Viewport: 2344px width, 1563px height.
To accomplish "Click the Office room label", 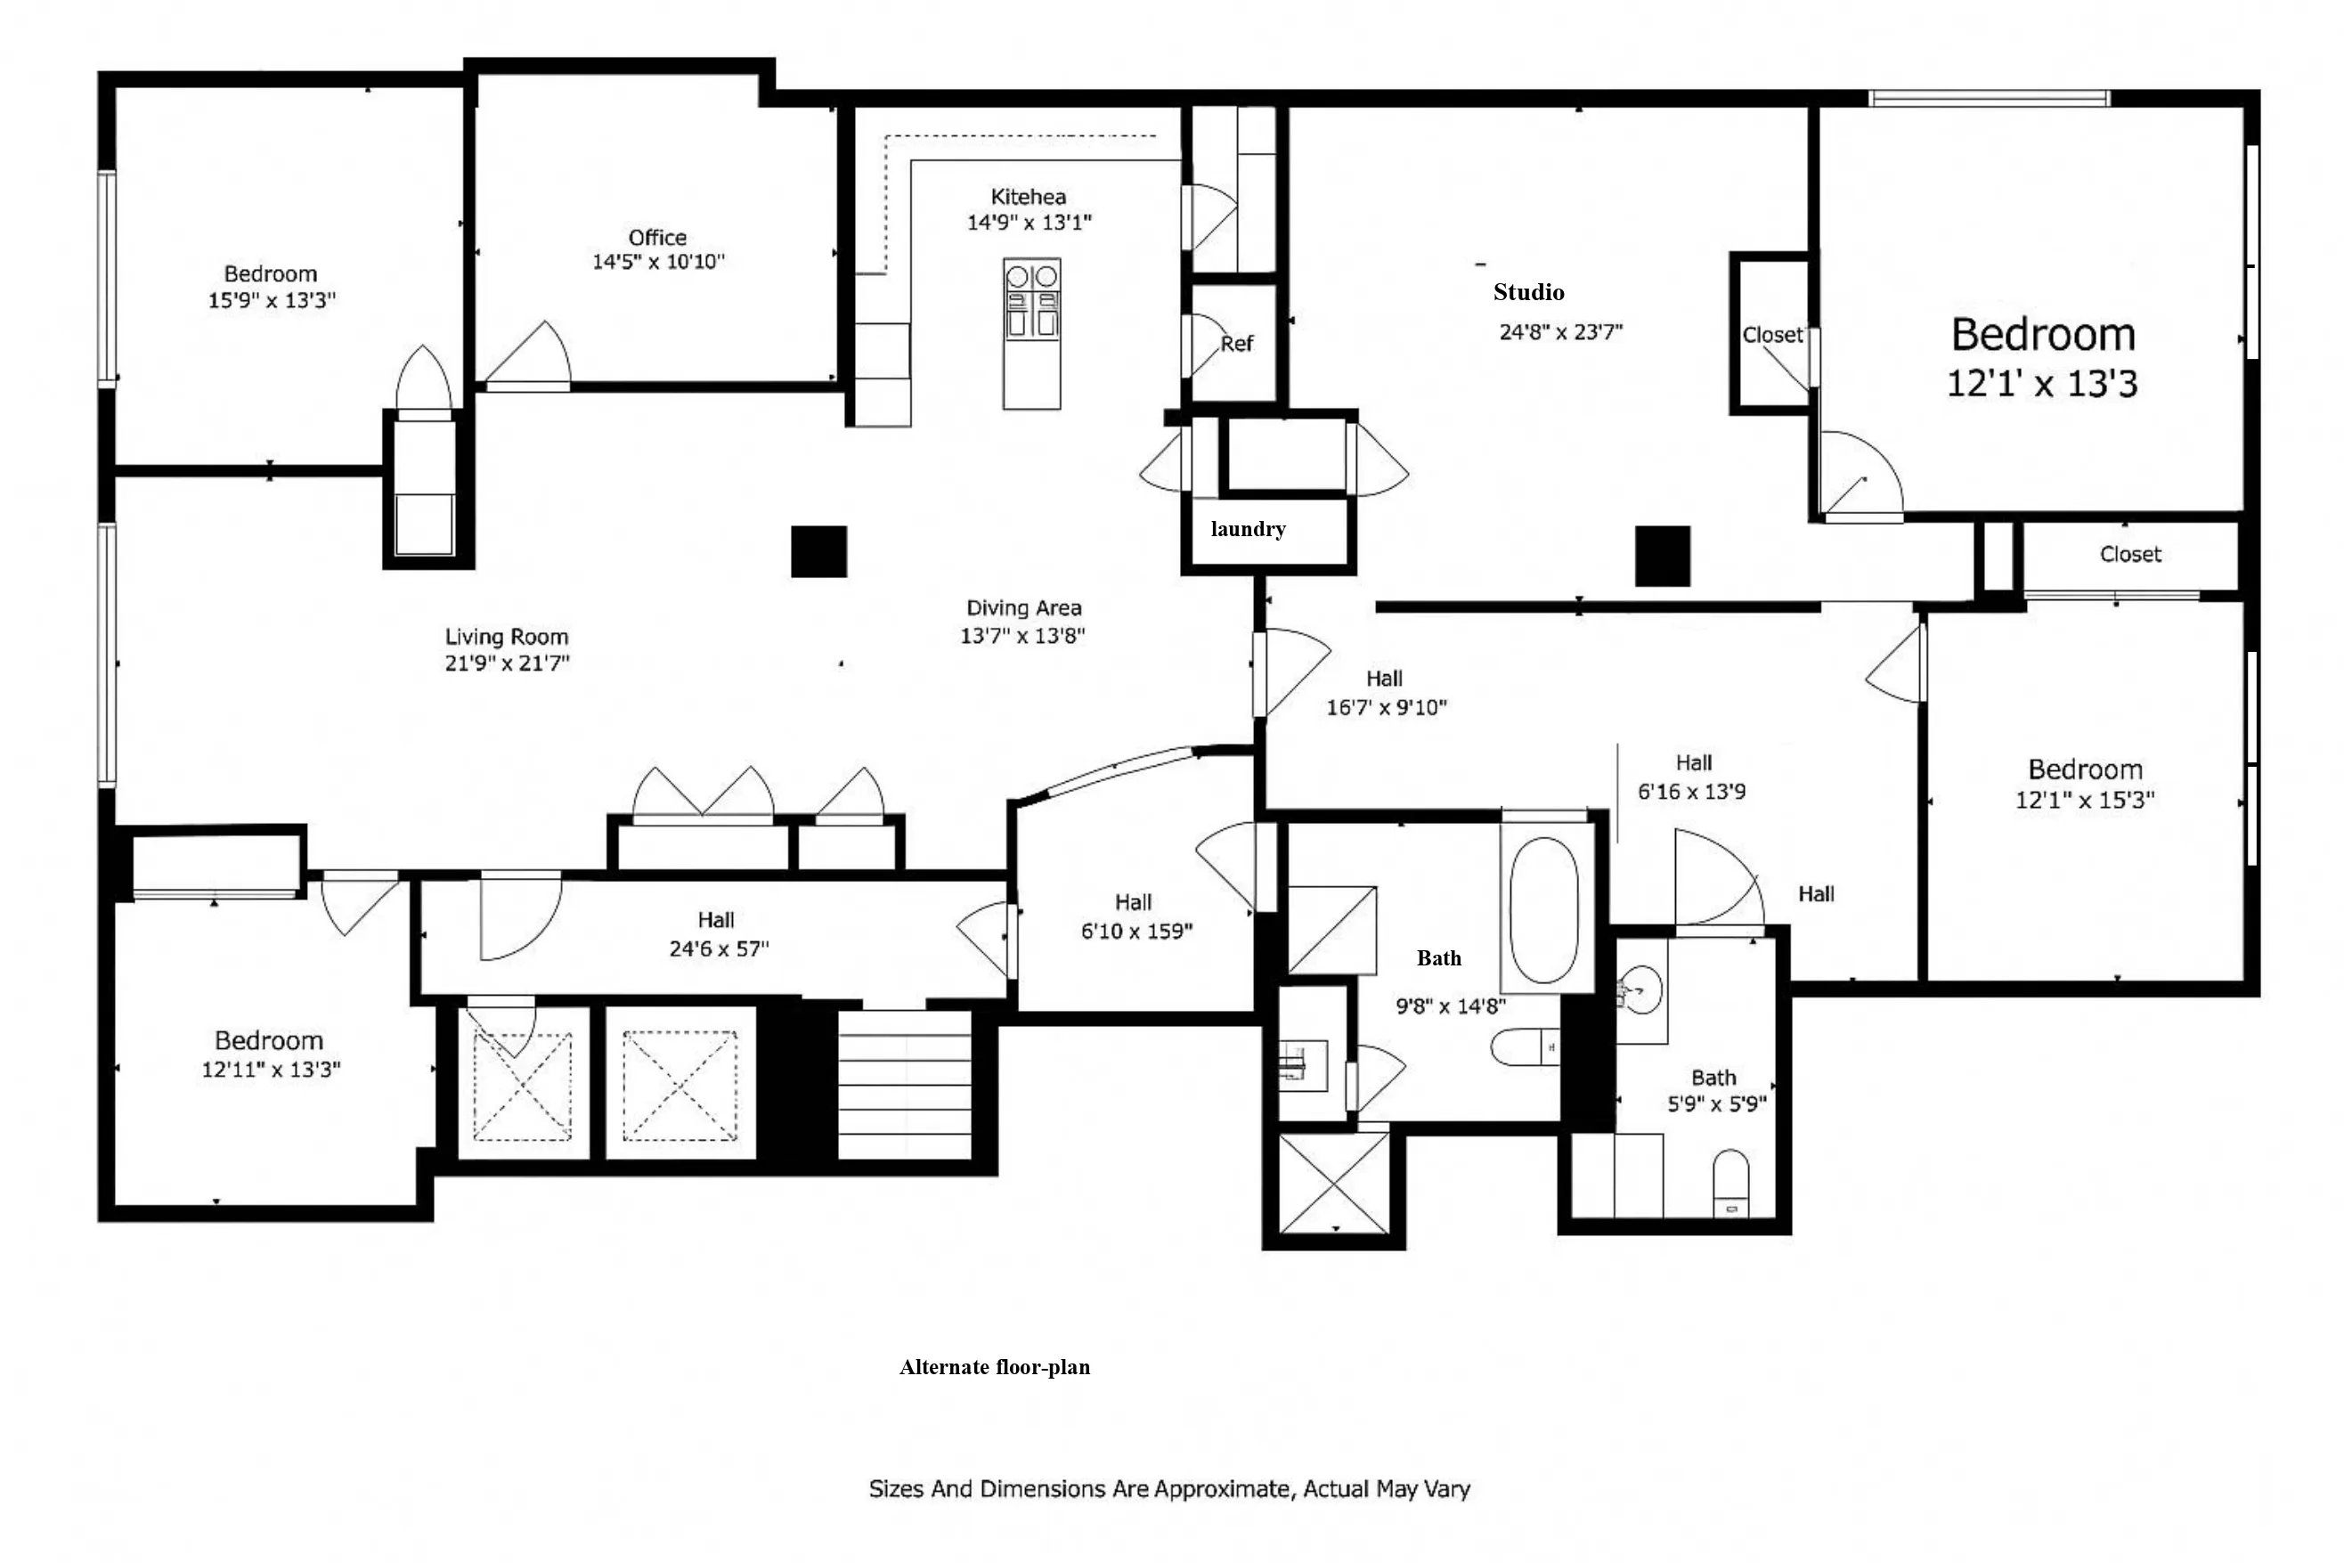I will point(656,237).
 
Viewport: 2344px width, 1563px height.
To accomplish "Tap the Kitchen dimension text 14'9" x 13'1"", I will point(1029,223).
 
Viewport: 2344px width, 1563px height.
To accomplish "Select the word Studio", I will point(1528,292).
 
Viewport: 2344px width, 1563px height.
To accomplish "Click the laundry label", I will point(1248,529).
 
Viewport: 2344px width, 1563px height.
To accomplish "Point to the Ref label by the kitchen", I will point(1237,344).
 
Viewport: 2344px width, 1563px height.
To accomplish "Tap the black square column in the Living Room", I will point(818,551).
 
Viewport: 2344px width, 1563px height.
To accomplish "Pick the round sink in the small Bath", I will point(1640,989).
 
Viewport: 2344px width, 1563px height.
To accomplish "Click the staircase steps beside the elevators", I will point(904,1084).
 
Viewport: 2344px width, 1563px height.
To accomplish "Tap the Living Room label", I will point(506,637).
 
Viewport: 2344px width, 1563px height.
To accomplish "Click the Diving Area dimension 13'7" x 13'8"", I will point(1022,636).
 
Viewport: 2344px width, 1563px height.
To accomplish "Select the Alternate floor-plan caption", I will point(995,1367).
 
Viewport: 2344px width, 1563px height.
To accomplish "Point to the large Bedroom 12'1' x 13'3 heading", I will point(2042,335).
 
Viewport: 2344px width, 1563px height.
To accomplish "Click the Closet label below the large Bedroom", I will point(2129,554).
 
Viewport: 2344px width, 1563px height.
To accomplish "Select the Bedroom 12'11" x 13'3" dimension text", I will point(271,1070).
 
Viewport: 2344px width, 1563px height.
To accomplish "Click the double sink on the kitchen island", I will point(1031,299).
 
